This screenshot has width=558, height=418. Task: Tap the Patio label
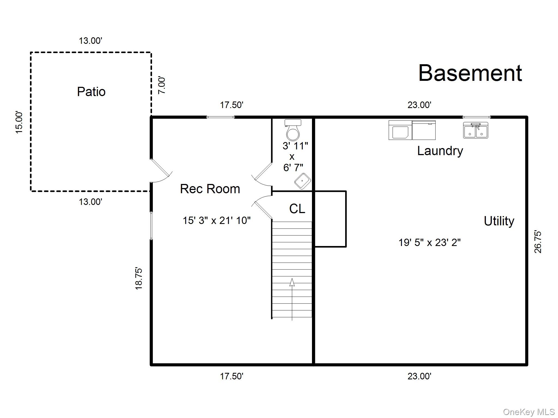[91, 91]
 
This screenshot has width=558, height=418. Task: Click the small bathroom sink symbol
[302, 181]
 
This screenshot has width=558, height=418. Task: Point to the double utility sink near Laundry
[475, 131]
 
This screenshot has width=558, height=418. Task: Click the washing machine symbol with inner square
[400, 130]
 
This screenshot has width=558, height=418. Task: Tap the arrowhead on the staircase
[292, 282]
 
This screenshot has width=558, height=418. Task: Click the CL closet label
[297, 209]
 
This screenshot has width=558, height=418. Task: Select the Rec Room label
[210, 189]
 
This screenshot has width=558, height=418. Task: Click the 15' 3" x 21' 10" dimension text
[216, 220]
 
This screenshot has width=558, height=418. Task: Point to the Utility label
[499, 221]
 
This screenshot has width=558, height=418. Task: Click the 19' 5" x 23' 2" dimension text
[429, 242]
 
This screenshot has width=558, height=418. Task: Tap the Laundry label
[440, 151]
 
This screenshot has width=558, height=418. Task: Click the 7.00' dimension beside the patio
[162, 85]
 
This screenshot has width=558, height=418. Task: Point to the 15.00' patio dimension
[19, 122]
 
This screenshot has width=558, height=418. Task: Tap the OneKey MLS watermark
[529, 412]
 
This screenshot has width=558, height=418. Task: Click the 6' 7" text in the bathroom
[293, 168]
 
